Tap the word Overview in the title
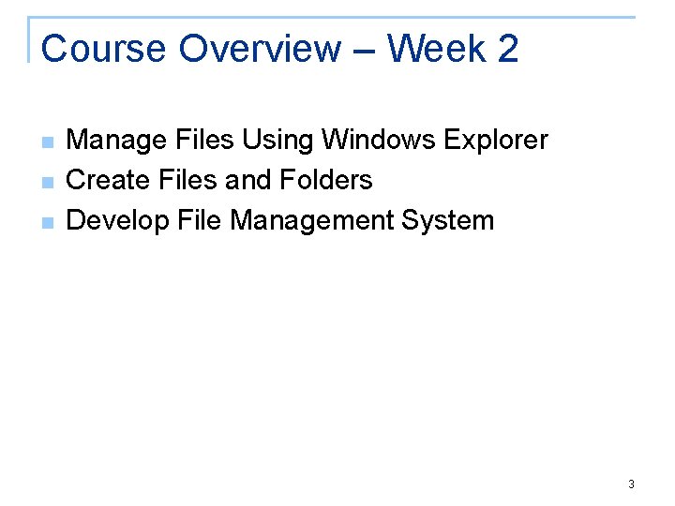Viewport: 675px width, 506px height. pyautogui.click(x=260, y=49)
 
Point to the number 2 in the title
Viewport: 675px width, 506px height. pyautogui.click(x=507, y=49)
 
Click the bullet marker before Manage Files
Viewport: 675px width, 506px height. pyautogui.click(x=47, y=142)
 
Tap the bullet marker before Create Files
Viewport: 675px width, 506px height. pyautogui.click(x=47, y=183)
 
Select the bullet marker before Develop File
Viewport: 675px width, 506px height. pyautogui.click(x=47, y=223)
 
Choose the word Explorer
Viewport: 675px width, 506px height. pyautogui.click(x=496, y=141)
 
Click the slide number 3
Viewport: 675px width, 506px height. pyautogui.click(x=631, y=484)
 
